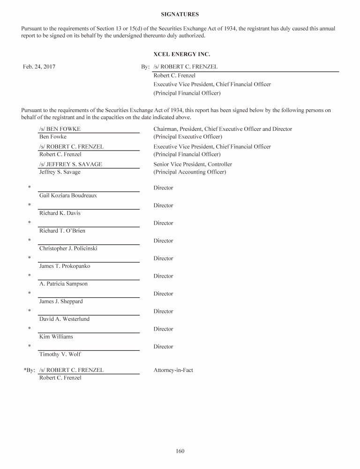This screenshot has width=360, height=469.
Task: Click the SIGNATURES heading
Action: (x=180, y=15)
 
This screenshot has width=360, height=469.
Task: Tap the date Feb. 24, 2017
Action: (x=39, y=67)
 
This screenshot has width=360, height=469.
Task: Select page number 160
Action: (x=180, y=451)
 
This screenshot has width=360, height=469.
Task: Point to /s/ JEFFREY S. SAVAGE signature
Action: (x=71, y=165)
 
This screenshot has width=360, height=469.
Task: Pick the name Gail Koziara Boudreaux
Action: (x=68, y=196)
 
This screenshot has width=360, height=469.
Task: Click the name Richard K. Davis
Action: (x=60, y=213)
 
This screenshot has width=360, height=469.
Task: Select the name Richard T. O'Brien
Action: (x=62, y=231)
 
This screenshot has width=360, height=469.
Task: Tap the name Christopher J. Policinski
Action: (x=68, y=249)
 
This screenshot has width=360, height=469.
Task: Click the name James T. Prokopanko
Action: (x=65, y=266)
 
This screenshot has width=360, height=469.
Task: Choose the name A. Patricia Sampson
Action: (x=63, y=284)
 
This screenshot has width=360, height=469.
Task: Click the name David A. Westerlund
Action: (x=64, y=319)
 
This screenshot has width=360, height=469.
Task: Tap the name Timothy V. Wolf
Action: (x=60, y=355)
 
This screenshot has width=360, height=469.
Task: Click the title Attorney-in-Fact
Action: (x=173, y=371)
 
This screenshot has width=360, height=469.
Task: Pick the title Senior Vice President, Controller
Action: (x=193, y=165)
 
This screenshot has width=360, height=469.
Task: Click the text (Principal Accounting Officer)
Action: (x=189, y=172)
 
